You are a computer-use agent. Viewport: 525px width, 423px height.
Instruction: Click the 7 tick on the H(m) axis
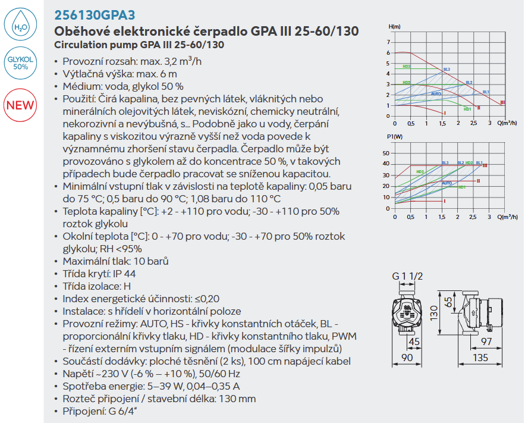click(388, 42)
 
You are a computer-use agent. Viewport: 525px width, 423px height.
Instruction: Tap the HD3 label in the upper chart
click(407, 67)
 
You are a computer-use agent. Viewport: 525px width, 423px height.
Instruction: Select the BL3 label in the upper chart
click(447, 70)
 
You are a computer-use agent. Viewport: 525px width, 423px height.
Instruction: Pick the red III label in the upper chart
click(502, 103)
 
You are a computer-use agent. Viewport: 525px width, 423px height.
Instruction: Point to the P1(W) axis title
click(395, 137)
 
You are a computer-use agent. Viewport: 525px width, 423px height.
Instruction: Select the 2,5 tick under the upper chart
click(473, 123)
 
